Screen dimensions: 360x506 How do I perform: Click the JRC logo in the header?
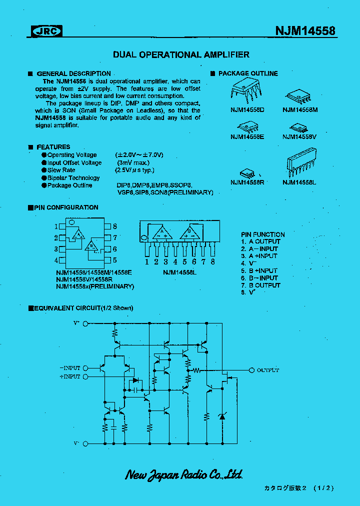coord(47,31)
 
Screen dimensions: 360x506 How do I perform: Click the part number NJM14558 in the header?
coord(305,31)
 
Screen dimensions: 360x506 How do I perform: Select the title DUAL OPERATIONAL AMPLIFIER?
coord(181,54)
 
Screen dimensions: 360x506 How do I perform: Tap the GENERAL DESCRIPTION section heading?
coord(73,73)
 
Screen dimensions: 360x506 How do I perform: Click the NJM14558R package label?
coord(247,182)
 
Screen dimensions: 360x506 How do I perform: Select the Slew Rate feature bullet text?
coord(61,170)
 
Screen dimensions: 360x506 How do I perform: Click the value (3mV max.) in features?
coord(133,162)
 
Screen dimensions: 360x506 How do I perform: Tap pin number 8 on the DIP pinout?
coord(114,226)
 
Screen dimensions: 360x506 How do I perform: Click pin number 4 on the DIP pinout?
coord(56,260)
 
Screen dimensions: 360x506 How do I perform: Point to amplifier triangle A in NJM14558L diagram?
coord(162,232)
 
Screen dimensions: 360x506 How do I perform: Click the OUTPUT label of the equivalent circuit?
coord(267,370)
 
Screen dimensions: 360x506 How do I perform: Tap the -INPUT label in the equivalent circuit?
coord(69,367)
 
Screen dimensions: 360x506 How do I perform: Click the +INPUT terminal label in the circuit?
coord(69,376)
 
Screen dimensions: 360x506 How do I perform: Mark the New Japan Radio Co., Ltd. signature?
coord(183,474)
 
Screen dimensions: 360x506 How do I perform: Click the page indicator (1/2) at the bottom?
coord(324,488)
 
